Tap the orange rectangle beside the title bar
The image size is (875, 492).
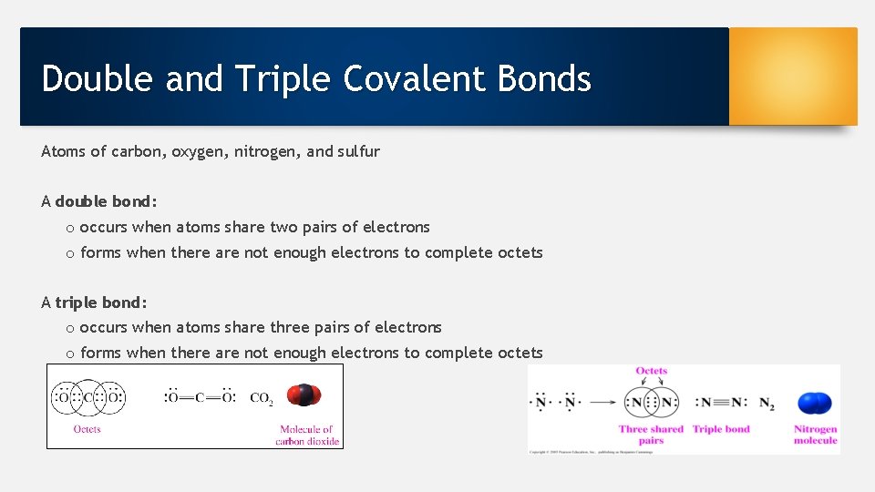click(793, 76)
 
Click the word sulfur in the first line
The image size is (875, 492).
click(358, 151)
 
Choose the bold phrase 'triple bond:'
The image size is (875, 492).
click(101, 302)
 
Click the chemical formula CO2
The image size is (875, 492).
click(261, 398)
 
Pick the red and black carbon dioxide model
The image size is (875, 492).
click(304, 395)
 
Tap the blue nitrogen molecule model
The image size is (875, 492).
click(814, 403)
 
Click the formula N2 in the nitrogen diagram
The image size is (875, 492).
click(766, 403)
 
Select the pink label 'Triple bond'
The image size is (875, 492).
click(721, 429)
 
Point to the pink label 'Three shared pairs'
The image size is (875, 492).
click(651, 435)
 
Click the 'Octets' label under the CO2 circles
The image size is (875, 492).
click(87, 429)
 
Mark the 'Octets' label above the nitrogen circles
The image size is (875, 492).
click(651, 371)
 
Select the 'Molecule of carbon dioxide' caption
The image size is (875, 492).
click(307, 436)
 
